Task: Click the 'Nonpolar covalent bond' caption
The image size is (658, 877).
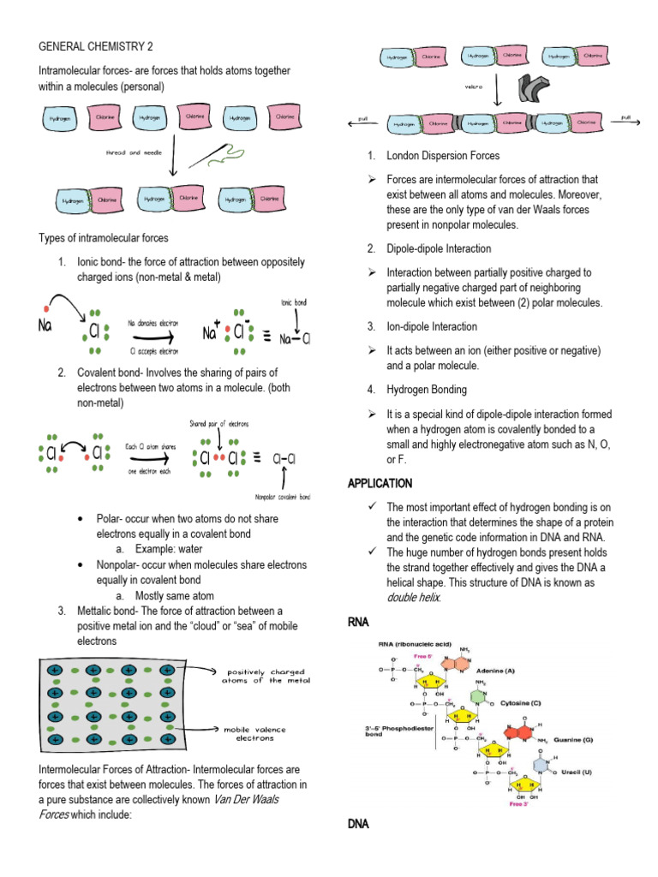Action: coord(283,497)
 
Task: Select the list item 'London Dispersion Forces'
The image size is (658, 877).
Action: coord(443,156)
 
